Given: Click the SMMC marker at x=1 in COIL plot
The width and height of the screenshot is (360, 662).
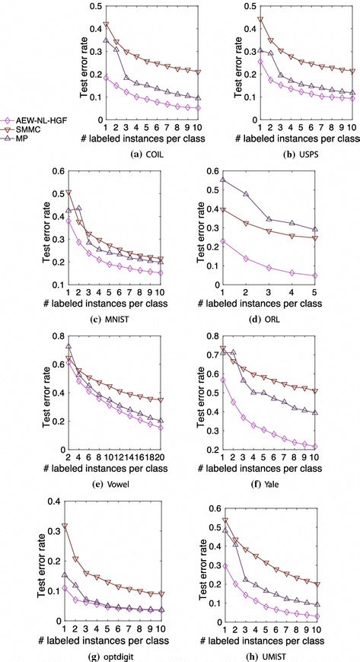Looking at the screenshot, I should click(x=106, y=25).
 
